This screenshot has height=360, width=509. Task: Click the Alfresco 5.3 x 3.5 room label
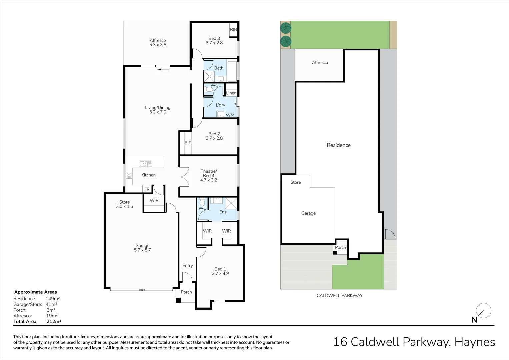158,43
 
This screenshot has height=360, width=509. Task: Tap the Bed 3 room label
214,41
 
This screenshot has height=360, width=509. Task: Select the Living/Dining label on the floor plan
158,110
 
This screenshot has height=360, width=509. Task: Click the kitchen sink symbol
145,163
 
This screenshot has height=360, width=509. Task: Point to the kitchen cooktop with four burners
129,176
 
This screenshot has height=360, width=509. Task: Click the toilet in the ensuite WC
202,202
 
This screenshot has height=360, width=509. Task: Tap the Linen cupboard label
231,93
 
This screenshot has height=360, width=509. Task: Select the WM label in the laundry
230,115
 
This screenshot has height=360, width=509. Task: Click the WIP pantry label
154,200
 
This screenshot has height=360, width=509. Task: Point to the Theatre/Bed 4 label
209,175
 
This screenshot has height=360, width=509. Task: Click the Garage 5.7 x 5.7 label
142,248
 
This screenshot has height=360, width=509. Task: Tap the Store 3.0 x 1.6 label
124,204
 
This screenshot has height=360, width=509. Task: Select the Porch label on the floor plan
186,292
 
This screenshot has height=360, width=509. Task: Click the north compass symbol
483,311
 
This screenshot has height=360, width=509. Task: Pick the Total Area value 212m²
54,321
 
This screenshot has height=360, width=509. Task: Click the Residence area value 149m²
53,299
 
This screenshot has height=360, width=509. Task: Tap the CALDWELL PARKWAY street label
339,295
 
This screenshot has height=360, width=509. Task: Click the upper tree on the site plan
286,28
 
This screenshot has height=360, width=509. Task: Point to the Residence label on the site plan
339,145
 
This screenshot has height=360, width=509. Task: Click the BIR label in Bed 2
188,143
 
